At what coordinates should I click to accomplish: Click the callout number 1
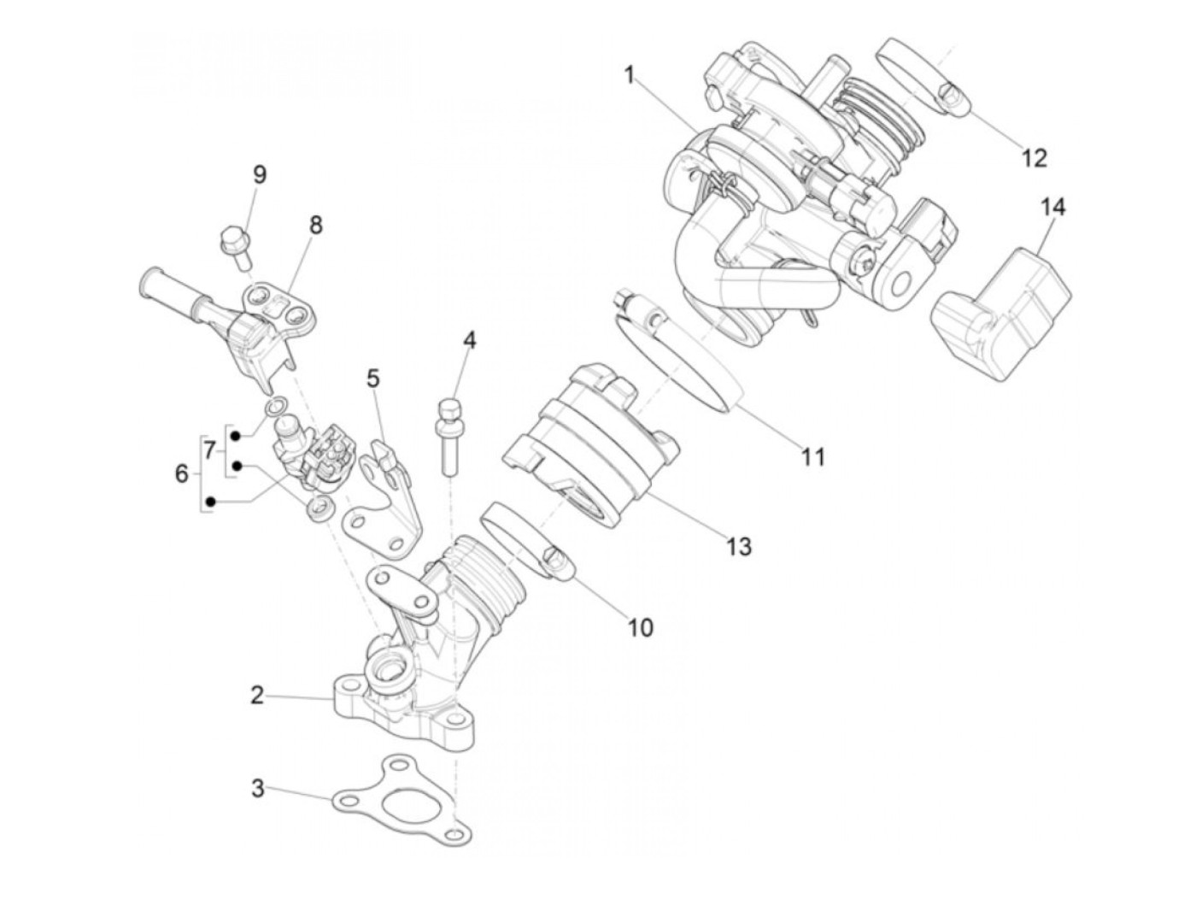[630, 76]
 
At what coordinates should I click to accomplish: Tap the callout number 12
[1034, 158]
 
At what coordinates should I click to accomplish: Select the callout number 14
[1053, 207]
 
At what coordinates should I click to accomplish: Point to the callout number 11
[814, 457]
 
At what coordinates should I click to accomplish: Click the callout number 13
[739, 545]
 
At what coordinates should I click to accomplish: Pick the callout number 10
[640, 628]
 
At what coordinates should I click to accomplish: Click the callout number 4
[469, 340]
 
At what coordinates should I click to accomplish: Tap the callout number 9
[259, 175]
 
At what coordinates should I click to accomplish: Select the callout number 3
[258, 787]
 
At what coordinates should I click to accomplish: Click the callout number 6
[181, 473]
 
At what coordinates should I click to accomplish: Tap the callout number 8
[316, 226]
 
